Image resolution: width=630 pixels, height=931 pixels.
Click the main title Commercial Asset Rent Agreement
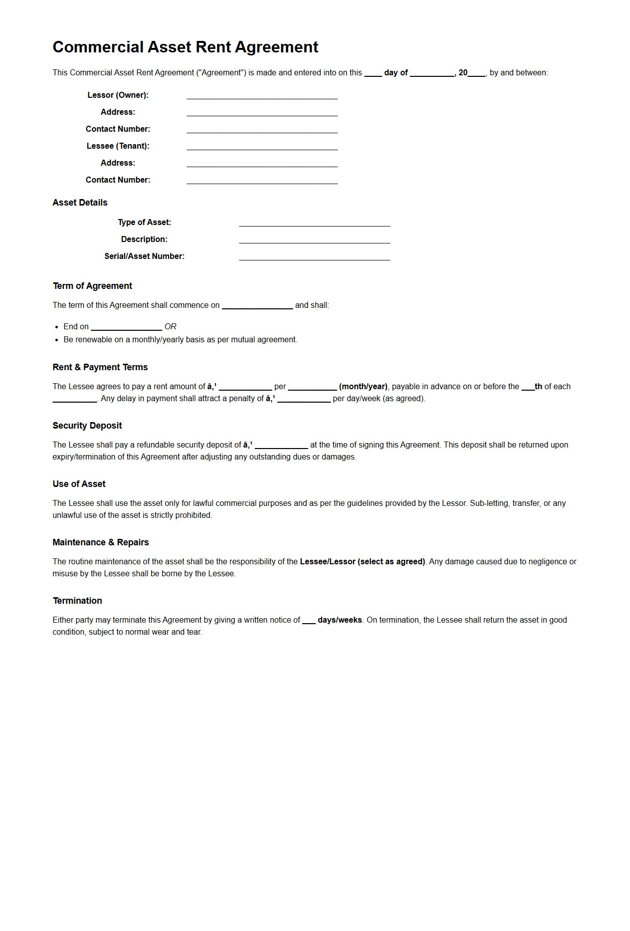pos(185,47)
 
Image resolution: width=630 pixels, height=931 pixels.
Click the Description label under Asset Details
pos(144,239)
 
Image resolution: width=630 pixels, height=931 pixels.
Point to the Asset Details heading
pos(80,203)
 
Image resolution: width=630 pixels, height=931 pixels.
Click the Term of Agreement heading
pos(92,286)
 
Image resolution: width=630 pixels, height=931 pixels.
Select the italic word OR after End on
pos(170,327)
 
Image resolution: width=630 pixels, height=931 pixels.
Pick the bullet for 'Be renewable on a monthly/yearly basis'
pos(57,340)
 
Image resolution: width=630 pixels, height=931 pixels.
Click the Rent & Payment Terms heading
pos(100,367)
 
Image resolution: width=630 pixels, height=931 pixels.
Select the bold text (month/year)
pos(363,387)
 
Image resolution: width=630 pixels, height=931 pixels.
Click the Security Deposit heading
pos(87,426)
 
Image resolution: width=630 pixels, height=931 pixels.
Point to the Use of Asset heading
pos(79,484)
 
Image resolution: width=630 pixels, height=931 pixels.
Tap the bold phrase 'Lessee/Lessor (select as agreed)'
pos(362,562)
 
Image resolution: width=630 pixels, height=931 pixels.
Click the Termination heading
pos(77,601)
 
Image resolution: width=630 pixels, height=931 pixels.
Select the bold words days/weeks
pos(340,620)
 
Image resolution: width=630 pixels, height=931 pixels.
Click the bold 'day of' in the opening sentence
pos(396,73)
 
